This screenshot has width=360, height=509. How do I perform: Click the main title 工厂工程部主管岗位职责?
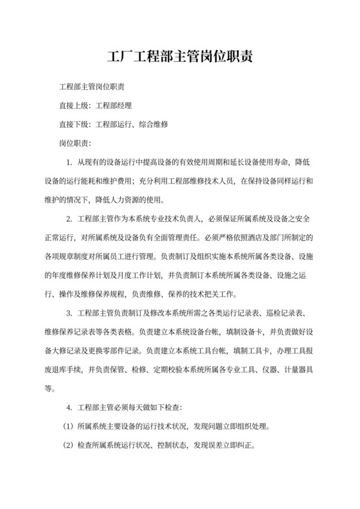[180, 56]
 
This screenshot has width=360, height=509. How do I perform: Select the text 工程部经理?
[114, 105]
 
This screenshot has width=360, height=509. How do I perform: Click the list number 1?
[69, 161]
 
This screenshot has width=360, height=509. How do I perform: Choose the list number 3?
[69, 314]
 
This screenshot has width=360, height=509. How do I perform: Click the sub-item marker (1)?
[68, 426]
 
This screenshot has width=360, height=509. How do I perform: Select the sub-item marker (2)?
[68, 445]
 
